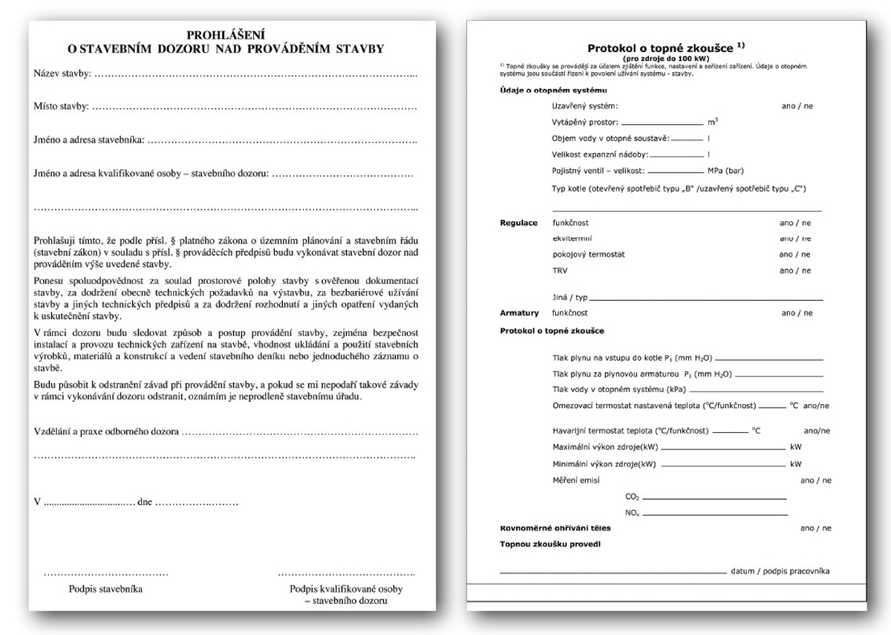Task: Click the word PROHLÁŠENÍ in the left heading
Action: (x=226, y=34)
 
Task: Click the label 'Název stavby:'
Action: (x=62, y=74)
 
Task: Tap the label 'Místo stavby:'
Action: (x=62, y=106)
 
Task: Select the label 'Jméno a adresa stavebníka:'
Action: (x=89, y=140)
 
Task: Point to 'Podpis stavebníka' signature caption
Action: (x=105, y=589)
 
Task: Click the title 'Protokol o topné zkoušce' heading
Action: (x=662, y=47)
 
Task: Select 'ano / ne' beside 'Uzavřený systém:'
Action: (x=797, y=106)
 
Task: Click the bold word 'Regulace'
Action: (x=518, y=223)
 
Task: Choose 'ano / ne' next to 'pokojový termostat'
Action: (x=795, y=254)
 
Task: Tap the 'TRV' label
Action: (x=560, y=270)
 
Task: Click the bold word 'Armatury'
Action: (x=519, y=313)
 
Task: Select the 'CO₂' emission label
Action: (x=632, y=496)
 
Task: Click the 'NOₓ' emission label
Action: (x=632, y=513)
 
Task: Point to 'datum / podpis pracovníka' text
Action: (x=780, y=571)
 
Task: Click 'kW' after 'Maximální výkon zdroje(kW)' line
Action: (x=796, y=447)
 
